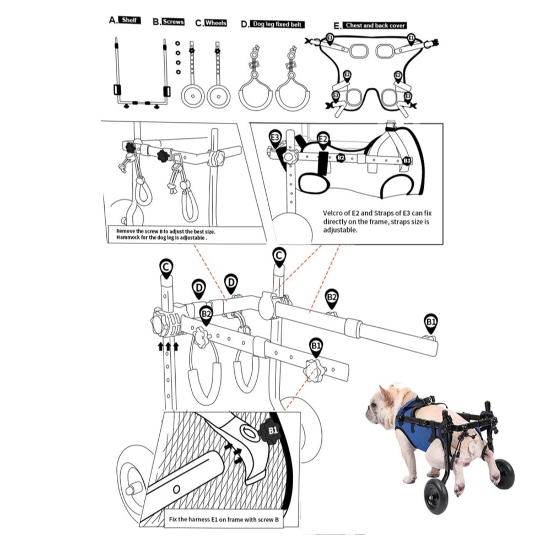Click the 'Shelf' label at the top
point(129,20)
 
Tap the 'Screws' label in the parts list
point(173,21)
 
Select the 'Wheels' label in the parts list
point(215,23)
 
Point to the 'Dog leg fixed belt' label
point(277,24)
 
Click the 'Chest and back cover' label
point(375,25)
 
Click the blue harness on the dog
point(415,423)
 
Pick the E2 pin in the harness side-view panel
point(323,141)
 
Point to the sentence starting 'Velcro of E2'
point(377,222)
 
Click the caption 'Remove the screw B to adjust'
point(166,231)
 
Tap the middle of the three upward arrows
point(168,346)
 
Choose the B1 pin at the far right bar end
point(431,324)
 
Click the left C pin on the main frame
point(166,269)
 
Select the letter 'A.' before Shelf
point(113,20)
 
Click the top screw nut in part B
point(178,43)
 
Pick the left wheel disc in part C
point(192,96)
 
